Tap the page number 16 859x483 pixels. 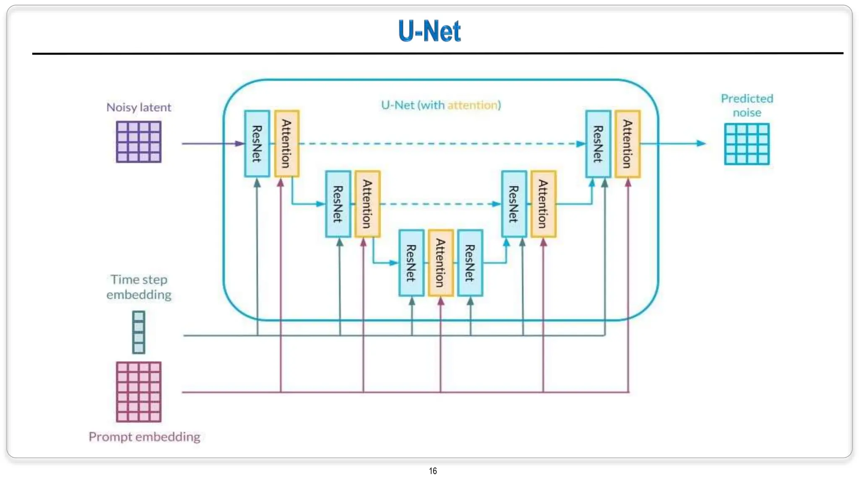pyautogui.click(x=433, y=471)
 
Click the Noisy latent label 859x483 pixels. pyautogui.click(x=138, y=107)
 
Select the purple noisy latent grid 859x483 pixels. pyautogui.click(x=138, y=142)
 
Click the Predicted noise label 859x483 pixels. pyautogui.click(x=747, y=105)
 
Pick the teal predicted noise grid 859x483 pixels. pyautogui.click(x=747, y=144)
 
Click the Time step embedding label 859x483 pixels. pyautogui.click(x=138, y=287)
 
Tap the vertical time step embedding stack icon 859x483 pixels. pyautogui.click(x=138, y=332)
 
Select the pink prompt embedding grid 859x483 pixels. pyautogui.click(x=138, y=392)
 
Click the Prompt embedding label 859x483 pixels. pyautogui.click(x=144, y=437)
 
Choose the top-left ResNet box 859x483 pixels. pyautogui.click(x=257, y=143)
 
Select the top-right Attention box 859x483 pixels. pyautogui.click(x=627, y=143)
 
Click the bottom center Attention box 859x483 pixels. pyautogui.click(x=440, y=263)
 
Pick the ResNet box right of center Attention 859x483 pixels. pyautogui.click(x=470, y=263)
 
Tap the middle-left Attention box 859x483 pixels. pyautogui.click(x=367, y=204)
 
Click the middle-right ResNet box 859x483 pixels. pyautogui.click(x=514, y=204)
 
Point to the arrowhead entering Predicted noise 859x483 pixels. pyautogui.click(x=701, y=143)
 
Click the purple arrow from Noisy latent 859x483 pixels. pyautogui.click(x=210, y=143)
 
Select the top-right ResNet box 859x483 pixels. pyautogui.click(x=598, y=143)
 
